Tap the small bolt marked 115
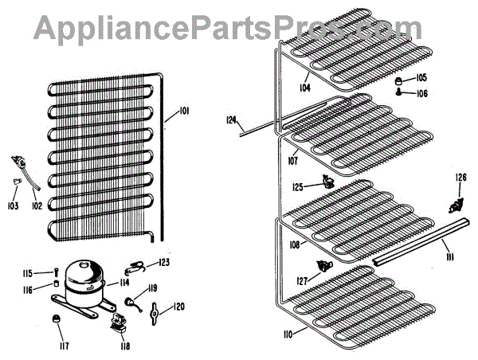click(x=57, y=272)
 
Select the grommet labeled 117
click(x=57, y=319)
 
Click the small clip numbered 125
click(x=327, y=182)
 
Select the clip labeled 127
click(x=323, y=265)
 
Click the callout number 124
click(x=232, y=120)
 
